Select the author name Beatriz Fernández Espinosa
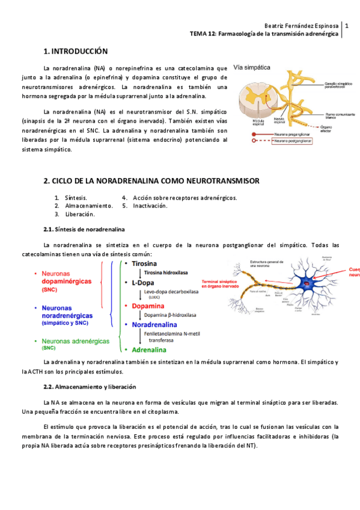click(302, 26)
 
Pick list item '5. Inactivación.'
click(145, 205)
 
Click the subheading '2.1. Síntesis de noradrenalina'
click(84, 229)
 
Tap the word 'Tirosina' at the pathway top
click(148, 263)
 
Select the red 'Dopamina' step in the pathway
click(148, 306)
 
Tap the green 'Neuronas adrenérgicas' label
click(76, 341)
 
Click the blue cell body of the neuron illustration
click(311, 283)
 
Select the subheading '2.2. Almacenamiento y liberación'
click(90, 387)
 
